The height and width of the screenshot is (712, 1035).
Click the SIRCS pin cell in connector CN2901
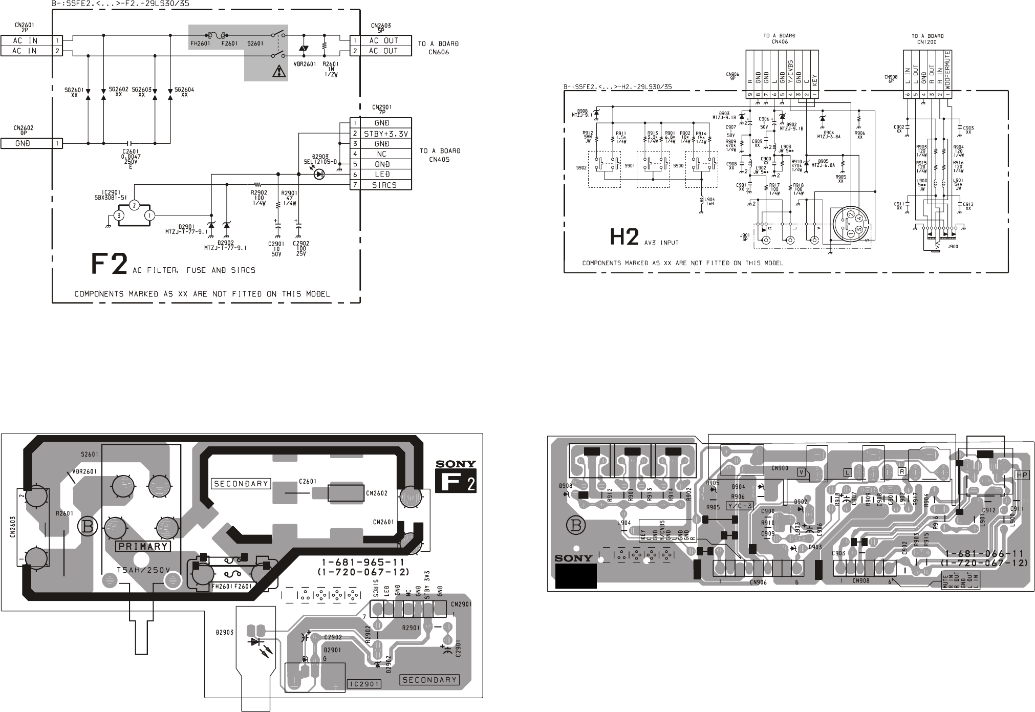pyautogui.click(x=384, y=185)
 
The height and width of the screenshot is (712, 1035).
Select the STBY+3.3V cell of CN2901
pyautogui.click(x=384, y=134)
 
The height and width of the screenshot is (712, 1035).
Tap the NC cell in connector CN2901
pyautogui.click(x=381, y=154)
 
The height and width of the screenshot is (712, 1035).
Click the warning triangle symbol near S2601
pyautogui.click(x=278, y=72)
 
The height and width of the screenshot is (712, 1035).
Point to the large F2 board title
pyautogui.click(x=109, y=264)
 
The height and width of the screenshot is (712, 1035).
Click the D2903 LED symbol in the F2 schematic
pyautogui.click(x=319, y=175)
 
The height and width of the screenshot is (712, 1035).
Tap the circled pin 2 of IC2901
pyautogui.click(x=134, y=205)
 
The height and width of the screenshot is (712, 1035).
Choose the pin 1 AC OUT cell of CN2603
pyautogui.click(x=383, y=40)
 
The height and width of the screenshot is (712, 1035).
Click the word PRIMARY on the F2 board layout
pyautogui.click(x=143, y=546)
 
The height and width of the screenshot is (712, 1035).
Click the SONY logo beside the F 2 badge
pyautogui.click(x=456, y=465)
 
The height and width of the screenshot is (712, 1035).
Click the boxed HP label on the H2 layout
pyautogui.click(x=1022, y=476)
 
